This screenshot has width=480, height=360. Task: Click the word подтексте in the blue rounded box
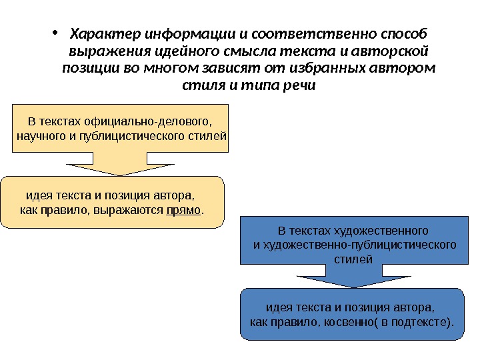pyautogui.click(x=419, y=324)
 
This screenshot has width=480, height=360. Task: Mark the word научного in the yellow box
pyautogui.click(x=37, y=137)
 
